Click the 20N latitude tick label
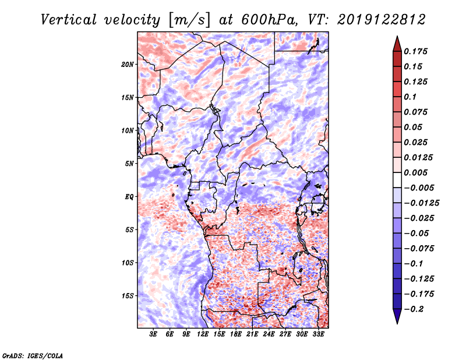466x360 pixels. click(128, 64)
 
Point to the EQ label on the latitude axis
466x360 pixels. click(129, 196)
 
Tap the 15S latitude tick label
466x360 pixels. click(128, 296)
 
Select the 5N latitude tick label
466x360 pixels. click(129, 164)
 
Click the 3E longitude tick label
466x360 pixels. click(153, 334)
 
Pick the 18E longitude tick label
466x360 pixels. click(236, 334)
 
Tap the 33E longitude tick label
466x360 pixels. click(318, 334)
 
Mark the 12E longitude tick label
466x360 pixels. click(203, 334)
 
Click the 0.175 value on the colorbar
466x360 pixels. click(415, 51)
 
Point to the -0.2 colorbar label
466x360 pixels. click(414, 309)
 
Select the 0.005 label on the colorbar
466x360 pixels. click(415, 172)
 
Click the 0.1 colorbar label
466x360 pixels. click(410, 97)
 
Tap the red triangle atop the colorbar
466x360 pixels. click(397, 44)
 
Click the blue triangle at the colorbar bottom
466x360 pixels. click(397, 316)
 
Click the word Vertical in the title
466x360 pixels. click(69, 20)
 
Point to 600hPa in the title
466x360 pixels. click(269, 20)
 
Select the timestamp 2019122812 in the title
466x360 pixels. click(382, 20)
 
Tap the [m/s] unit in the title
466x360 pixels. click(189, 20)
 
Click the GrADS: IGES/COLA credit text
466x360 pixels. click(33, 356)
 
